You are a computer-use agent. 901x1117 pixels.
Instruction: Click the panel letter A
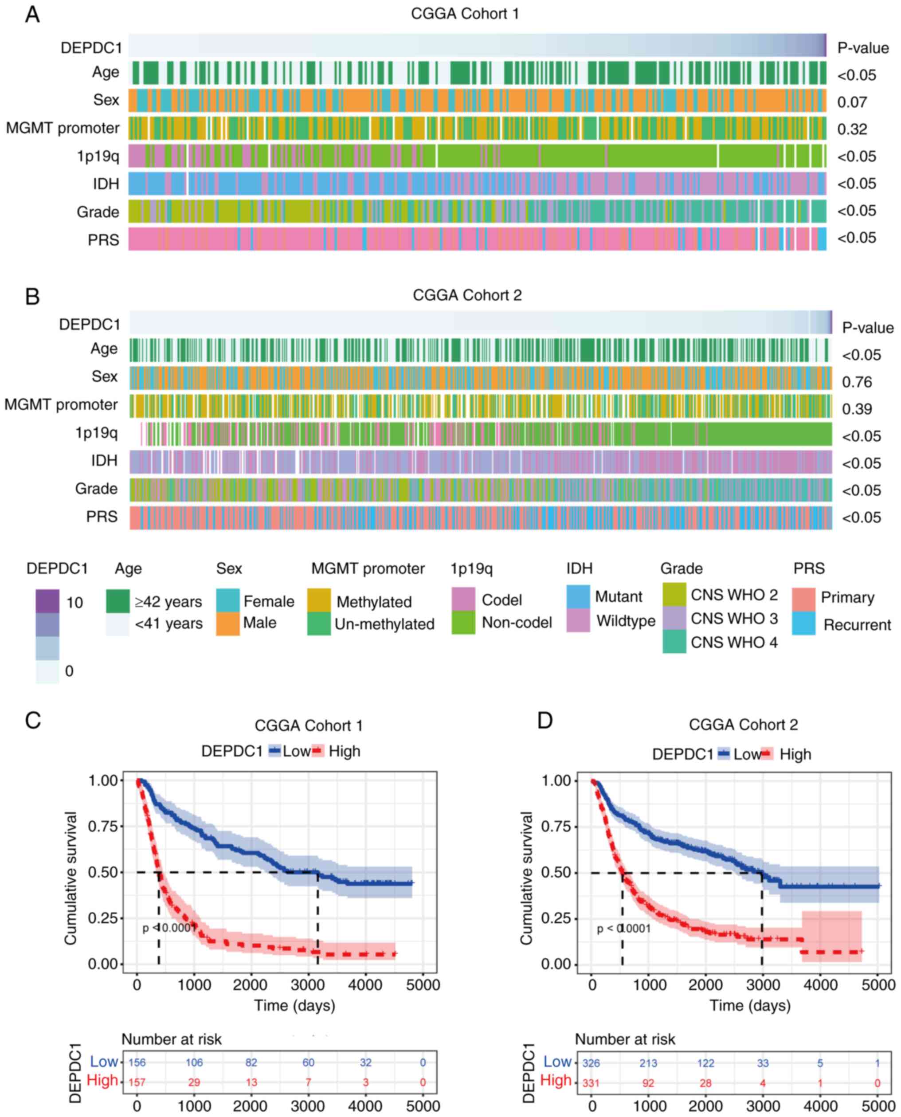(x=32, y=15)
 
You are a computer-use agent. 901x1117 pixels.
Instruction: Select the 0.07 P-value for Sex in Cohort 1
(x=852, y=102)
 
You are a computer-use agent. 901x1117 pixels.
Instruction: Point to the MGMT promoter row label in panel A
(x=63, y=128)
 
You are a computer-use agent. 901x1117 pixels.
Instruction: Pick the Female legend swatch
(x=228, y=600)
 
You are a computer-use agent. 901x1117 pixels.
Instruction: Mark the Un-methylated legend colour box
(x=319, y=623)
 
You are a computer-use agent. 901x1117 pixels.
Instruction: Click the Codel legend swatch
(x=463, y=599)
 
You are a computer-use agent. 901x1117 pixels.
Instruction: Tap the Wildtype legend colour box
(x=578, y=620)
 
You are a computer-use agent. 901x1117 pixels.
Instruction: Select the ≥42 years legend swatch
(x=118, y=601)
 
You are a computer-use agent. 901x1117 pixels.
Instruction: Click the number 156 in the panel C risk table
(x=137, y=1062)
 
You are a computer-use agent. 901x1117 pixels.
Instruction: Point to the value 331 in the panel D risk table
(x=591, y=1083)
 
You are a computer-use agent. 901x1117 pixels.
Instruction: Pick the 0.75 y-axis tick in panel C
(x=102, y=826)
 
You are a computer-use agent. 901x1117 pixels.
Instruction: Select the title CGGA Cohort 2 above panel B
(x=467, y=295)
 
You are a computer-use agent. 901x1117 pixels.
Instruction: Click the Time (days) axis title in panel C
(x=295, y=1005)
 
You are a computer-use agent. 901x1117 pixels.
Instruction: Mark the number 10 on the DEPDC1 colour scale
(x=74, y=603)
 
